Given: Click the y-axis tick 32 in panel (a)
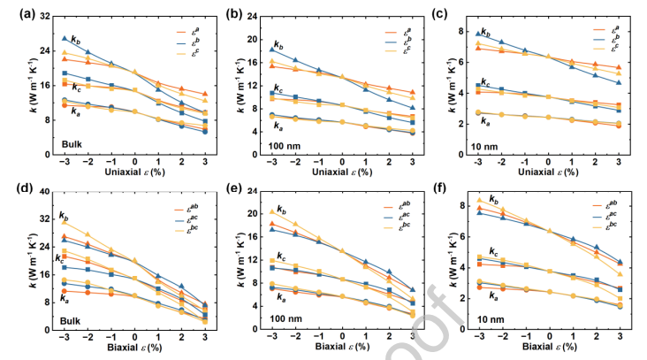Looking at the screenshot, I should [x=42, y=16].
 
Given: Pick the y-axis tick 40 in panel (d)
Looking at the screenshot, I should [x=42, y=194].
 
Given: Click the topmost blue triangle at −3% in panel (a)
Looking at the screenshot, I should [x=64, y=39].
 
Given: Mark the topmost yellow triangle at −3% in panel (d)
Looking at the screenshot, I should [x=65, y=221].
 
